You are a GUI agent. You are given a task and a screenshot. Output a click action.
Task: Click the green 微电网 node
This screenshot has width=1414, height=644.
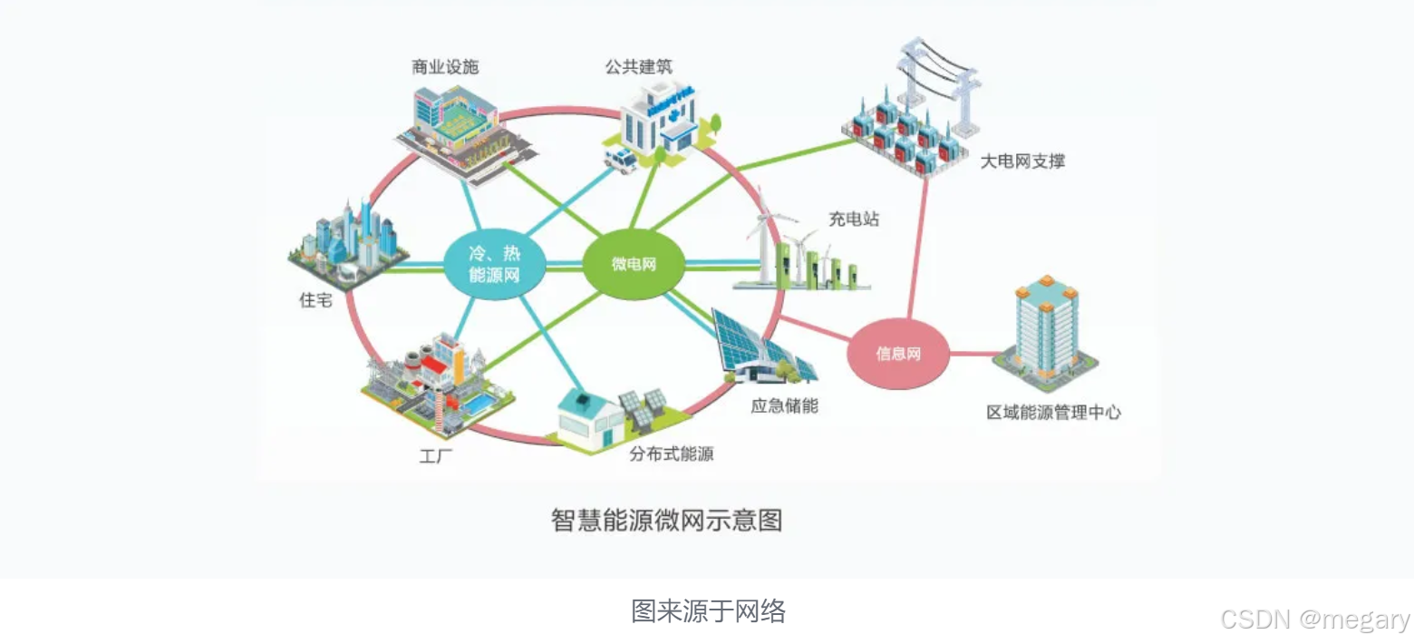(x=633, y=265)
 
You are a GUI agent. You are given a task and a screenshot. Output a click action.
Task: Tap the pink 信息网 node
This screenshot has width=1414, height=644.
(x=897, y=354)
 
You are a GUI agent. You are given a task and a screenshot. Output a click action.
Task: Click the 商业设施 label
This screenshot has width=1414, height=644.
(x=444, y=67)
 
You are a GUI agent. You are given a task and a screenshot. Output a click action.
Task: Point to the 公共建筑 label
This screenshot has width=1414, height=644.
(x=640, y=67)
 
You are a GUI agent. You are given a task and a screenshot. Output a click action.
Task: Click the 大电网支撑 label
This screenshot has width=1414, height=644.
(x=1022, y=162)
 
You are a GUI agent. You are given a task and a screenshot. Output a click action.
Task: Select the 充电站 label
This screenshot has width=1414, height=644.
(x=853, y=219)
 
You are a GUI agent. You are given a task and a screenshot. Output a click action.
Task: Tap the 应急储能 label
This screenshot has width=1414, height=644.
(x=784, y=405)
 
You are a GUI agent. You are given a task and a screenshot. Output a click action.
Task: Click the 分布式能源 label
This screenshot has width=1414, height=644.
(x=672, y=453)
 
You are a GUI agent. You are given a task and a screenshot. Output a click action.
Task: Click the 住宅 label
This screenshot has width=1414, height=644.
(x=315, y=299)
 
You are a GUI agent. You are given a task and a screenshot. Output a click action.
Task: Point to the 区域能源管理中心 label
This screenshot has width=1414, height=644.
(x=1053, y=412)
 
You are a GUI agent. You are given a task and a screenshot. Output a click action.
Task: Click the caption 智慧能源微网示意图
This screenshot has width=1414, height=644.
(x=666, y=521)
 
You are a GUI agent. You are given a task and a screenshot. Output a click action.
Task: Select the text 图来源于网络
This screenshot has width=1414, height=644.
(x=708, y=611)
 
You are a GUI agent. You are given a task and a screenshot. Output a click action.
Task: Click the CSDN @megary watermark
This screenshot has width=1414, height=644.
(x=1315, y=620)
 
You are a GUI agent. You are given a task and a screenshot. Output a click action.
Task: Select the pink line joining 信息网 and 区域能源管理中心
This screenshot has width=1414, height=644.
(x=972, y=354)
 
